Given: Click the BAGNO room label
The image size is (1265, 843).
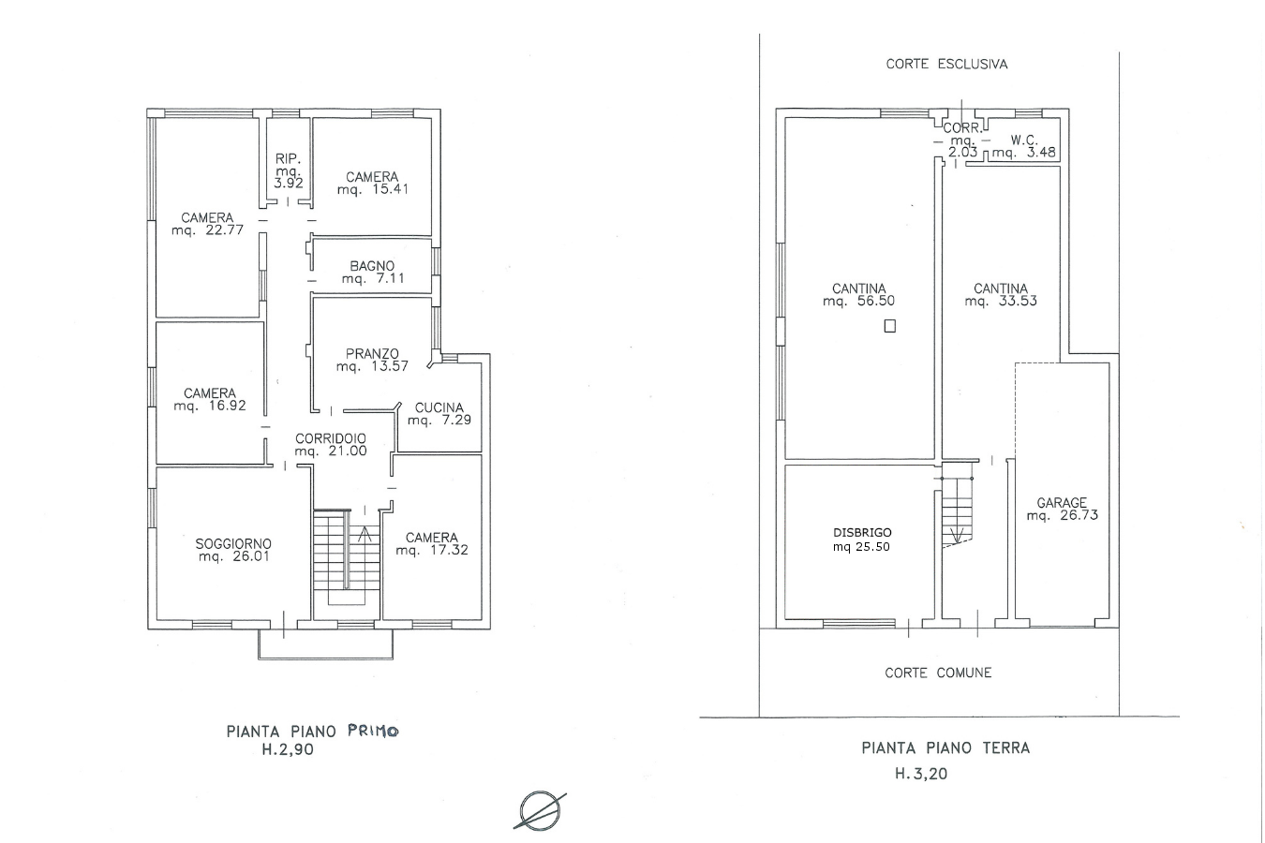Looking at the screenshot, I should click(x=372, y=266).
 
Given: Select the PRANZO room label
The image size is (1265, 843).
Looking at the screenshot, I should click(x=372, y=354).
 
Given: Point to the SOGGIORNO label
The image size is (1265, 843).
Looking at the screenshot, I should click(x=233, y=543).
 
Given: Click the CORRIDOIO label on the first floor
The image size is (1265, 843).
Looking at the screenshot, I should click(x=331, y=438).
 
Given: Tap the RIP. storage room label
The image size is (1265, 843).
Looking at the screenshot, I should click(x=287, y=159).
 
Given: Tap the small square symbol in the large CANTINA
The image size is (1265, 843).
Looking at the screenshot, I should click(x=890, y=326).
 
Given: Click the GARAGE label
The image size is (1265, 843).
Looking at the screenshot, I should click(x=1062, y=503).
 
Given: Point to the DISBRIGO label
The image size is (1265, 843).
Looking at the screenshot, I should click(x=862, y=533).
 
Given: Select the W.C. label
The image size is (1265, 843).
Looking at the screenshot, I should click(x=1024, y=140).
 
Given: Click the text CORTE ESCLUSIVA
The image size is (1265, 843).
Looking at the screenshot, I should click(x=946, y=65).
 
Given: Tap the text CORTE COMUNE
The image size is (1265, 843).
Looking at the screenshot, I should click(x=938, y=673).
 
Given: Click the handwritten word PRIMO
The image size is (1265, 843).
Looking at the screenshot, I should click(x=373, y=731).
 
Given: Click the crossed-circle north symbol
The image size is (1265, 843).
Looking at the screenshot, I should click(x=541, y=809).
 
